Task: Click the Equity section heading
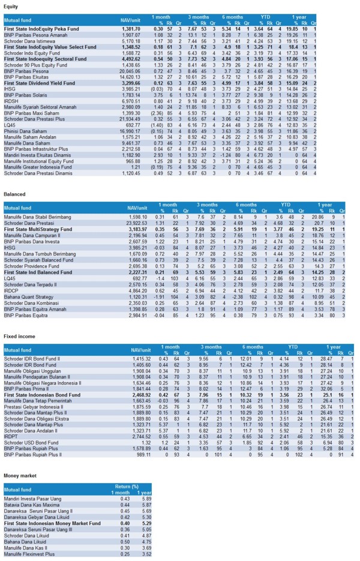pyautogui.click(x=11, y=6)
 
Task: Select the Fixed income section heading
pyautogui.click(x=18, y=338)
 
